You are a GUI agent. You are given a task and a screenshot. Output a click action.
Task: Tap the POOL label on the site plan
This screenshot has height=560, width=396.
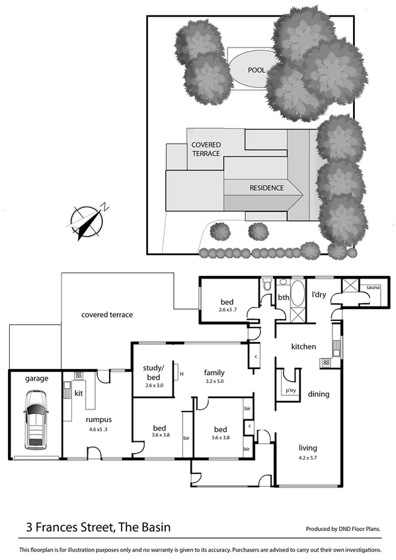[257, 69]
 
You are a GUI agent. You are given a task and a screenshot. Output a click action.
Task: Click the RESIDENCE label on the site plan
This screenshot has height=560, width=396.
[266, 188]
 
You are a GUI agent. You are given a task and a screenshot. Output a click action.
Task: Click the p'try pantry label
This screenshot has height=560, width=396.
[289, 390]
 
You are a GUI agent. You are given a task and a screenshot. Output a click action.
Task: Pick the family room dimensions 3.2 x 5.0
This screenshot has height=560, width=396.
[215, 381]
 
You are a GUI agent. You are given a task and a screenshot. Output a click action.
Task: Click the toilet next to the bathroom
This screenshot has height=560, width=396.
[266, 287]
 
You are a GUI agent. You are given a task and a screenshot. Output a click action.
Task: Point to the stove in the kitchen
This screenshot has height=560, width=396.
[326, 363]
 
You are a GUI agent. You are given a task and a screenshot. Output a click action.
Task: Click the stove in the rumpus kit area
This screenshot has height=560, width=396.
[78, 376]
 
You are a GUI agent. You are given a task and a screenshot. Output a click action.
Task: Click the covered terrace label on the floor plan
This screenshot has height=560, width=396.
[107, 315]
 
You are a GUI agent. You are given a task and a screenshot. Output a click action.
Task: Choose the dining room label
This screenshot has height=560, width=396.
[318, 394]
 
